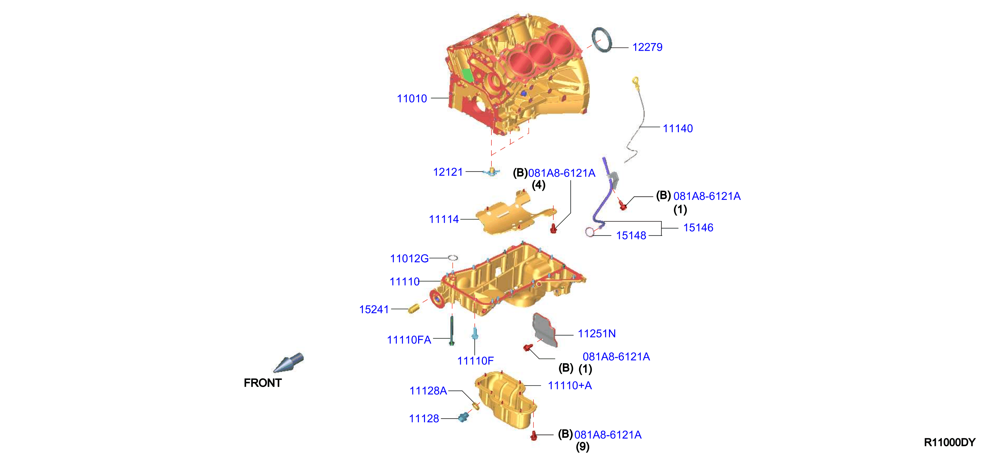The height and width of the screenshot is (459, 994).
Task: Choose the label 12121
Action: [448, 172]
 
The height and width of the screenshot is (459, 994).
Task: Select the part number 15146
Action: [698, 227]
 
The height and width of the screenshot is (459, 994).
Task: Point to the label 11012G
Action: [409, 258]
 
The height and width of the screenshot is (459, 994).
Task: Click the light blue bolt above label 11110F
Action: [475, 333]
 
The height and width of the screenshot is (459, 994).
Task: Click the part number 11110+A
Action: [570, 385]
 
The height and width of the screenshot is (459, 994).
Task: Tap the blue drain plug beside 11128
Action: [463, 417]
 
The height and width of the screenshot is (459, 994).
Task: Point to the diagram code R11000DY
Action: [950, 442]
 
